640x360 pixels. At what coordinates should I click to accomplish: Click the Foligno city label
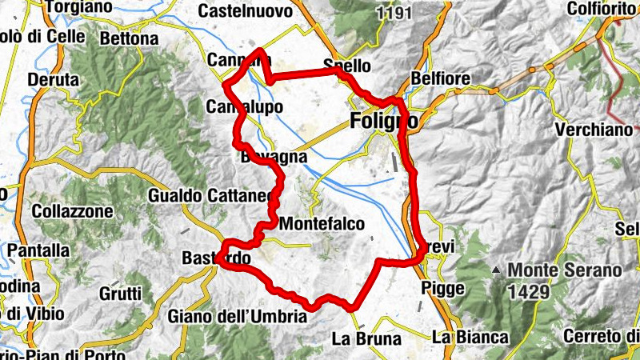coord(384,122)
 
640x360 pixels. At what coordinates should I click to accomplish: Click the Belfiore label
coord(438,78)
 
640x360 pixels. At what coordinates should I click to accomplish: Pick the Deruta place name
coord(54,81)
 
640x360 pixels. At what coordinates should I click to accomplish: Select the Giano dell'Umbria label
coord(238,317)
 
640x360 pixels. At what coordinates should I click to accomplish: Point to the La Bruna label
coord(366,339)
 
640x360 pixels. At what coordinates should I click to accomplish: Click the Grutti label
coord(121,293)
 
